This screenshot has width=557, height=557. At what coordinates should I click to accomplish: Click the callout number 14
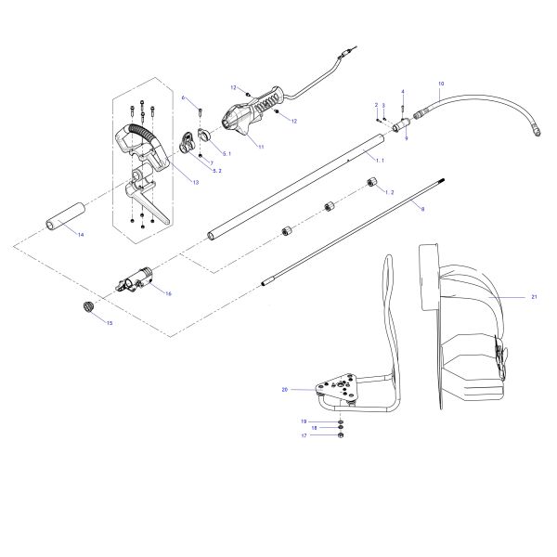[x=80, y=235]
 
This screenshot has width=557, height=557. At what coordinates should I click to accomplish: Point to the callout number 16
[x=167, y=293]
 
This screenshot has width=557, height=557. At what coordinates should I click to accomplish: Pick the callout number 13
[x=195, y=182]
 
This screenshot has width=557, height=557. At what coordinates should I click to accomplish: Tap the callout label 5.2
[x=217, y=172]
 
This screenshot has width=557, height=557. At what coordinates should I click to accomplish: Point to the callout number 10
[x=440, y=84]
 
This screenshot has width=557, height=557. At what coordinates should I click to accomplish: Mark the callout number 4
[x=403, y=91]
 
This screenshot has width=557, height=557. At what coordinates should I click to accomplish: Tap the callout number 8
[x=422, y=210]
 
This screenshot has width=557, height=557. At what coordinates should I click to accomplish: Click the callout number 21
[x=534, y=296]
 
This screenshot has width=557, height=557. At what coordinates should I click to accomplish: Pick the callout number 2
[x=376, y=105]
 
